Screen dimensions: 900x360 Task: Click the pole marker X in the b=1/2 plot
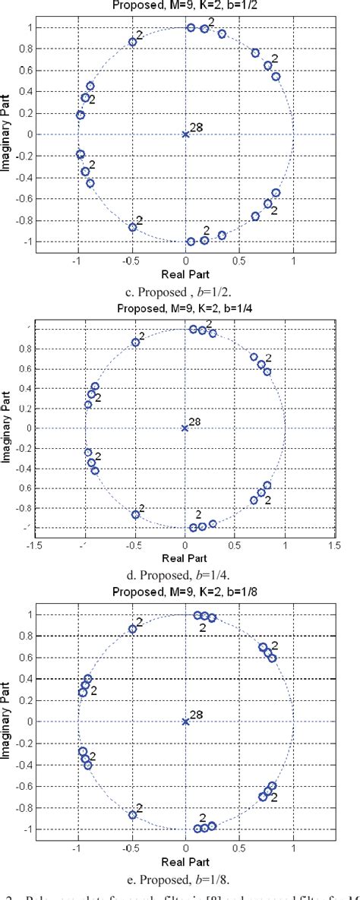[185, 134]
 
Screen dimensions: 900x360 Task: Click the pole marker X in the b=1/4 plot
[185, 428]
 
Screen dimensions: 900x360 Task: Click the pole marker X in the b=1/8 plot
[185, 722]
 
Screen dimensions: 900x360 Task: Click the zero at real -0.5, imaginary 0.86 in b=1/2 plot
[132, 42]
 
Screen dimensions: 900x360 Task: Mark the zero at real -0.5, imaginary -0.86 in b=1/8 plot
[132, 815]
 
